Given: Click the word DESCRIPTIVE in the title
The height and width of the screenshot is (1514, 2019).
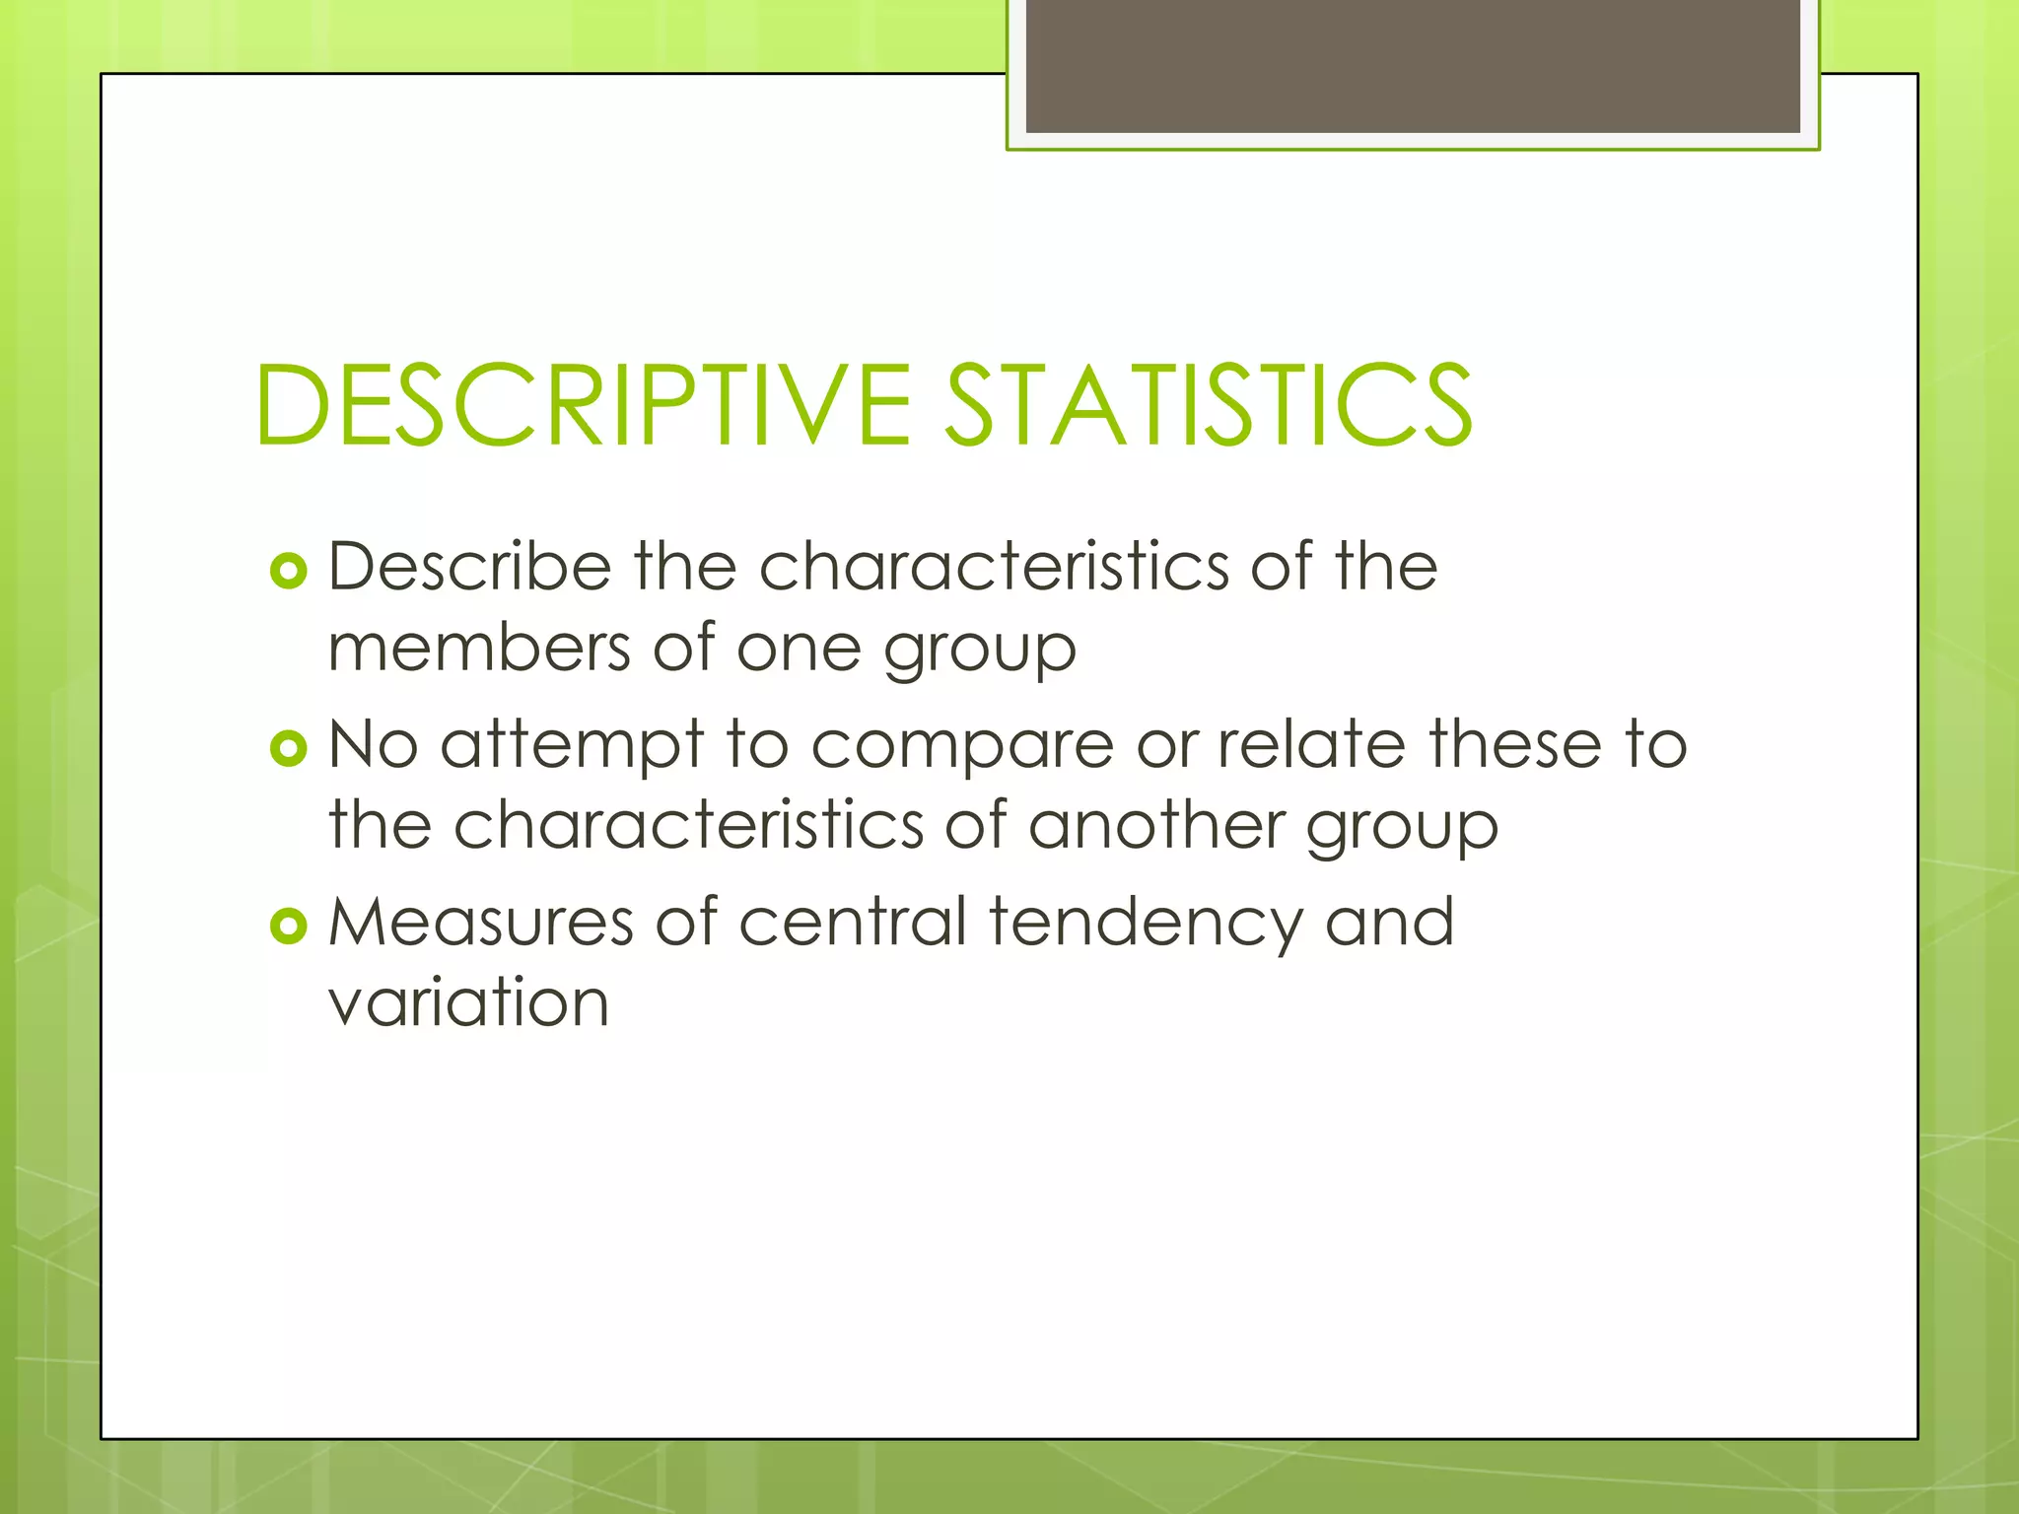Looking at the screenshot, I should point(583,405).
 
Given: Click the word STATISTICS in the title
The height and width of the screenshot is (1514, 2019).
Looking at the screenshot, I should point(1209,405).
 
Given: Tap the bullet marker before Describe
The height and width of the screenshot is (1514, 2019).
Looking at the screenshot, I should point(289,570).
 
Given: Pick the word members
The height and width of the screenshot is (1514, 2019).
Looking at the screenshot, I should point(479,649).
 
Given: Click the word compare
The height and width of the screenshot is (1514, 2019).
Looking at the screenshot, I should point(962,747).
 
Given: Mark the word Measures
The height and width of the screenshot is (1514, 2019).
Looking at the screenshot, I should point(480,923).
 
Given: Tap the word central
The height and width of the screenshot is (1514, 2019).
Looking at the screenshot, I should point(853,923).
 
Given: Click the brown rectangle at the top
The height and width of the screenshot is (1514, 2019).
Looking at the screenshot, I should point(1413,65).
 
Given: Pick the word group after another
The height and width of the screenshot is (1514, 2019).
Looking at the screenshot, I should point(1402,828).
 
